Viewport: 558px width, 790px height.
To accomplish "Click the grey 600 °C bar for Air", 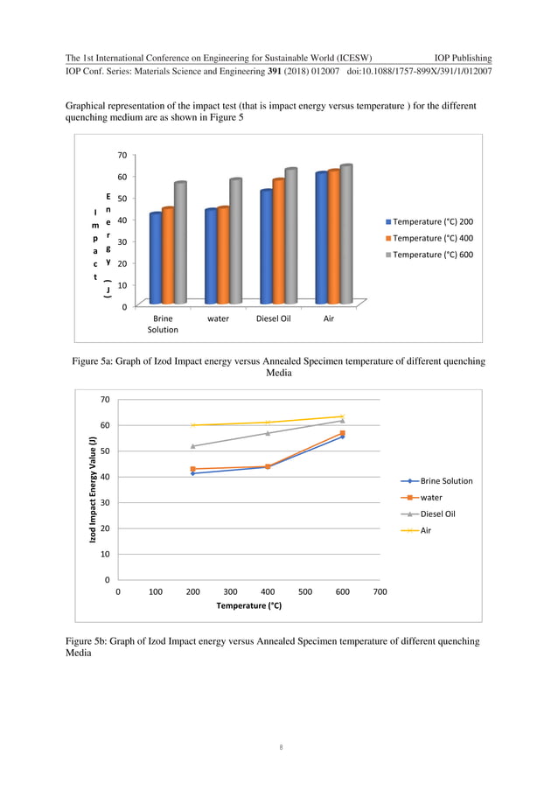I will [x=345, y=234].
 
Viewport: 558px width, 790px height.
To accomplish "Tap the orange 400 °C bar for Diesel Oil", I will [x=278, y=241].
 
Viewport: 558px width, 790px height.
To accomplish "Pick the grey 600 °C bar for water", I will [x=235, y=241].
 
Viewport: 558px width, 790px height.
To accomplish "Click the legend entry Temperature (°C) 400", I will [x=428, y=238].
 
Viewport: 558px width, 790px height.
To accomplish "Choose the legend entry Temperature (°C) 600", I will [x=428, y=255].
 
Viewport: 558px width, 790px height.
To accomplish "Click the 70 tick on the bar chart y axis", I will [x=121, y=155].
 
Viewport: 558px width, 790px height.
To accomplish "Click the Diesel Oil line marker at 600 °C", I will [x=342, y=421].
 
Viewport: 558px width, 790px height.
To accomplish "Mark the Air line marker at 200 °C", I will [x=192, y=425].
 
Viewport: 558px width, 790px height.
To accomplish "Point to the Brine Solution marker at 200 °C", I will [x=192, y=473].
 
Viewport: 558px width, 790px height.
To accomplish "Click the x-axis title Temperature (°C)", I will [x=248, y=605].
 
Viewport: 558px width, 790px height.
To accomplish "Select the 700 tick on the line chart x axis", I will [x=380, y=591].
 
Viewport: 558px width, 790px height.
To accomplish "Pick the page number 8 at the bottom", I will [x=278, y=747].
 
